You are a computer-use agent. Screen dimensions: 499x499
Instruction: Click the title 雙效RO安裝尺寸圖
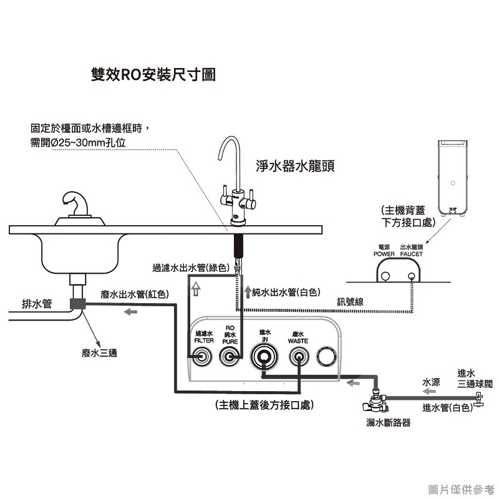tap(153, 75)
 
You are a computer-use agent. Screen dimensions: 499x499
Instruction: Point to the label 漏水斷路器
tap(389, 422)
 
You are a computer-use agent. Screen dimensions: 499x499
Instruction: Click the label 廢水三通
tap(99, 353)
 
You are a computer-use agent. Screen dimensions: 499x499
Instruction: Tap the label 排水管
tap(37, 304)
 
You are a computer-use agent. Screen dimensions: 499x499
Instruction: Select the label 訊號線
tap(351, 302)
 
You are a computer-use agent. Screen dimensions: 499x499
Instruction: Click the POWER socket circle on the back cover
tap(386, 277)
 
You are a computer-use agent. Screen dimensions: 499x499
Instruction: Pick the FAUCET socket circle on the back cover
tap(410, 277)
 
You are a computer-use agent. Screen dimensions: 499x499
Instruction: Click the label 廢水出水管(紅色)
tap(133, 294)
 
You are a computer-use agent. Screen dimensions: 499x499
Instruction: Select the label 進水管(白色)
tap(447, 408)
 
